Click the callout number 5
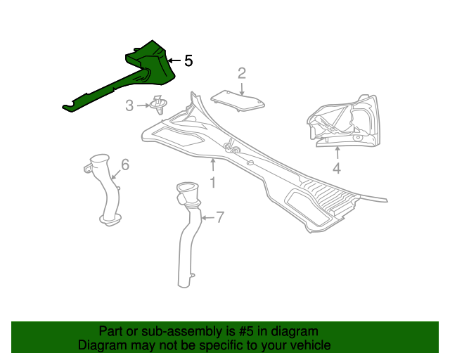point(188,60)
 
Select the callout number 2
point(242,74)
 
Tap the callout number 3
point(129,105)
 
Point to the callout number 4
point(337,168)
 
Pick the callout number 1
point(212,182)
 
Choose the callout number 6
point(125,165)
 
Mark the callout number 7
point(219,217)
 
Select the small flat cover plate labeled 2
point(238,101)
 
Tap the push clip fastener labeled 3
point(159,105)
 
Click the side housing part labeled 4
point(342,121)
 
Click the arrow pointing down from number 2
point(242,89)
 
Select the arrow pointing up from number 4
point(337,153)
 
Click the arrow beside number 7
point(208,218)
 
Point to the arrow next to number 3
point(143,105)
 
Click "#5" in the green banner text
point(246,332)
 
